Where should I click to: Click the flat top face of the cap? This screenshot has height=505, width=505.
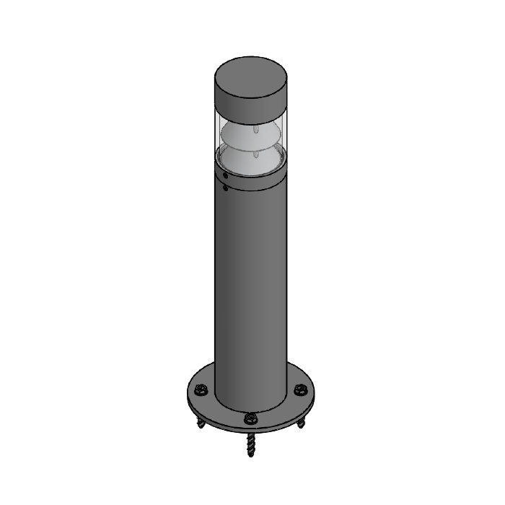pyautogui.click(x=250, y=75)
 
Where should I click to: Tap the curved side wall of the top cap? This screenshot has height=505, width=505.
pyautogui.click(x=250, y=104)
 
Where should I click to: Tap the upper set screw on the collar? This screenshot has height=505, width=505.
pyautogui.click(x=226, y=175)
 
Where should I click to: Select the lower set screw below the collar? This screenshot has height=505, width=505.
pyautogui.click(x=226, y=189)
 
